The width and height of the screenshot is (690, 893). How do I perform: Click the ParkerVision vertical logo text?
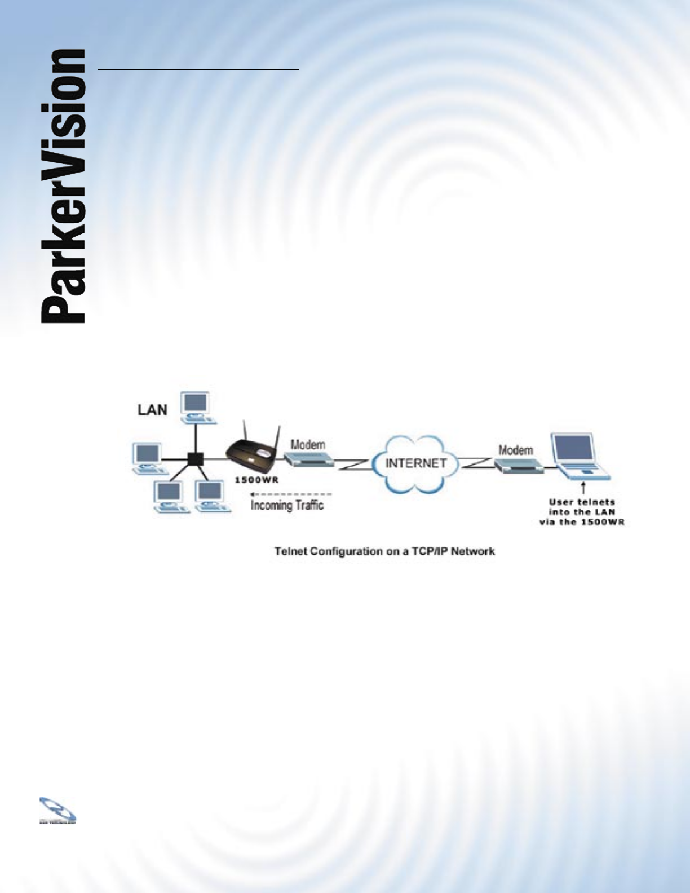pyautogui.click(x=63, y=186)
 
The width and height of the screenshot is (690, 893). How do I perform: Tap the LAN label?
pyautogui.click(x=152, y=410)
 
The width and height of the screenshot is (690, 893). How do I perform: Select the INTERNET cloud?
pyautogui.click(x=415, y=463)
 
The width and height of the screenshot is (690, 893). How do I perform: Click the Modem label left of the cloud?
pyautogui.click(x=308, y=444)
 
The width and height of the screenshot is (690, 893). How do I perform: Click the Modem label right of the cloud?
pyautogui.click(x=516, y=450)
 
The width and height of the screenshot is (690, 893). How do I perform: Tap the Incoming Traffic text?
pyautogui.click(x=287, y=505)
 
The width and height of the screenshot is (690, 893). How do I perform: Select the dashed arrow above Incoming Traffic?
pyautogui.click(x=290, y=494)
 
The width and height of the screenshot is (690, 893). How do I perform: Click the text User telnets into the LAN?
pyautogui.click(x=582, y=511)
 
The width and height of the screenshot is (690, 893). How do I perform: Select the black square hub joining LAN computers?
pyautogui.click(x=195, y=458)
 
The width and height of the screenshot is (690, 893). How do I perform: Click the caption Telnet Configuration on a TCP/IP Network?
pyautogui.click(x=384, y=551)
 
